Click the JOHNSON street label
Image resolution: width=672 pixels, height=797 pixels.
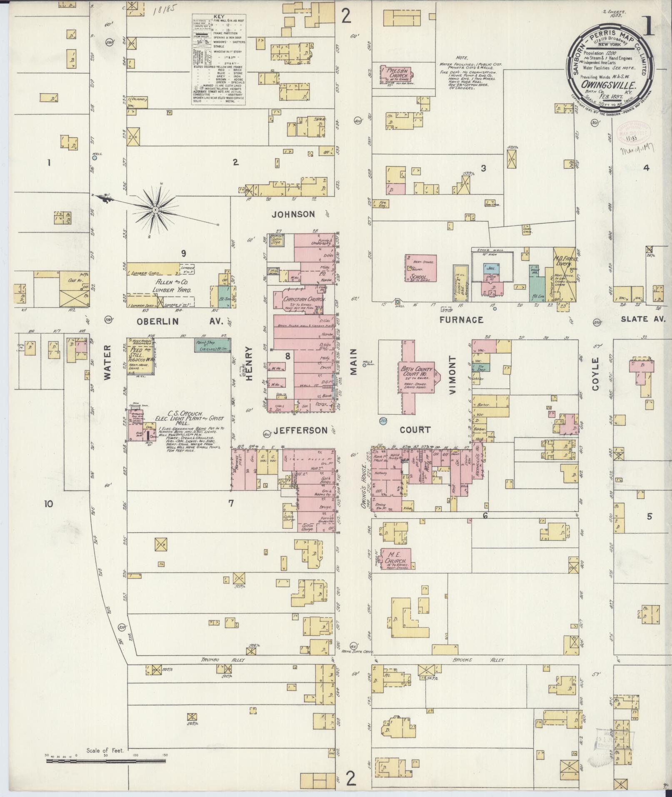pos(293,214)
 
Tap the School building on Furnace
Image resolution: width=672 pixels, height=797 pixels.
pos(421,268)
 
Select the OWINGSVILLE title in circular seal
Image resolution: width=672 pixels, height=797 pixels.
pos(610,84)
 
